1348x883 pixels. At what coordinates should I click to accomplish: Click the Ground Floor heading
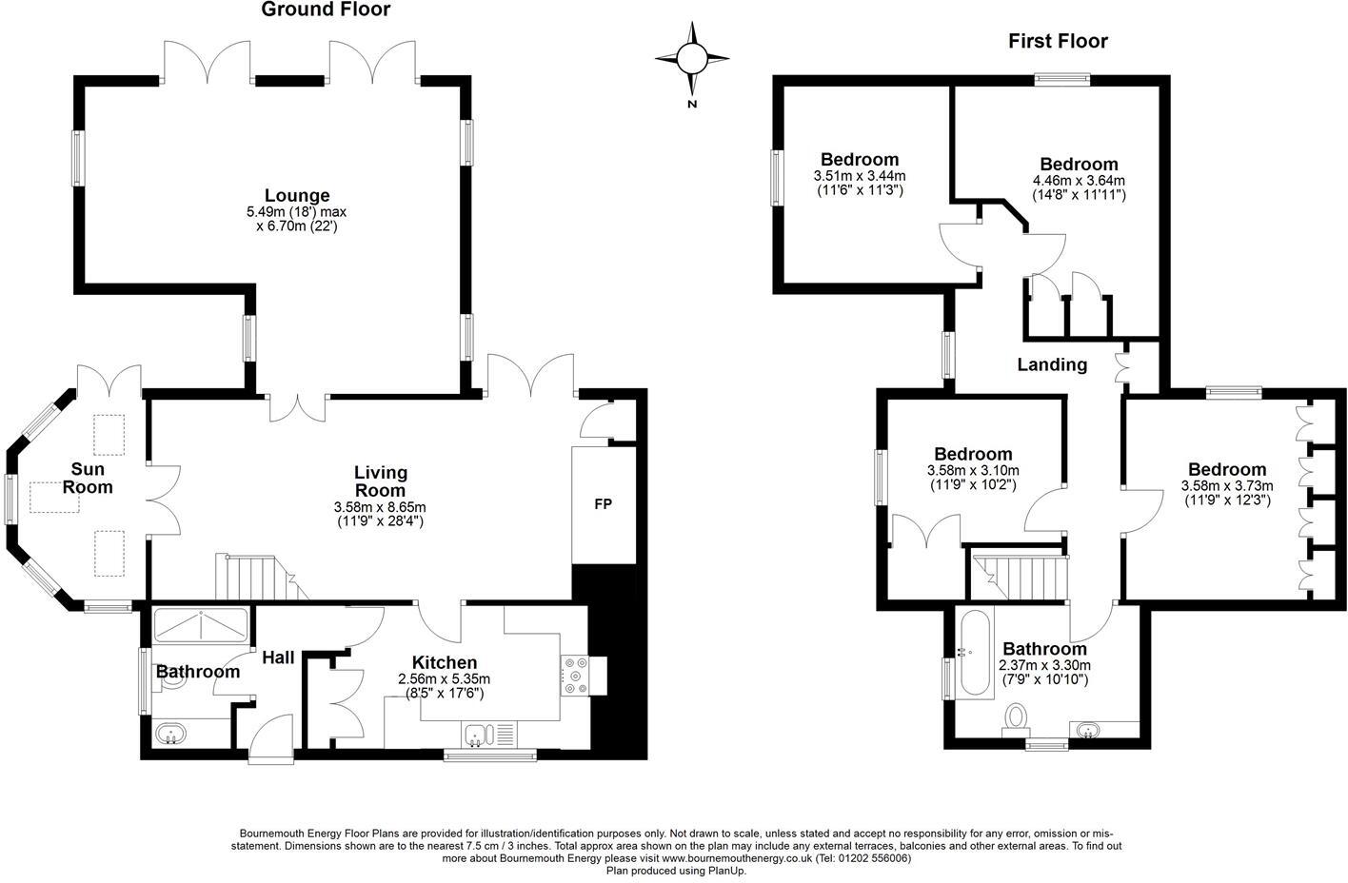point(326,10)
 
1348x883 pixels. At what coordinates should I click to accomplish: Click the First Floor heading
point(1058,41)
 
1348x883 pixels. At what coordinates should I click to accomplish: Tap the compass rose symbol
point(692,59)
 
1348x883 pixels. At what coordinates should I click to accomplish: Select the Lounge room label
point(297,196)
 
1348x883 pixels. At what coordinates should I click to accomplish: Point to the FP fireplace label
point(603,504)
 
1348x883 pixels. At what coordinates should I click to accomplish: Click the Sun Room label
point(88,479)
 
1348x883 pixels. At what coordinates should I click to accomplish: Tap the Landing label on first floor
point(1052,364)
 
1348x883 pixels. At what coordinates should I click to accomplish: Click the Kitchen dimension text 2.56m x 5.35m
point(444,678)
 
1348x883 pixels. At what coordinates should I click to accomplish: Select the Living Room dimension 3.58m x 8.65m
point(381,506)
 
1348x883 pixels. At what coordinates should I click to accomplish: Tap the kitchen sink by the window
point(480,734)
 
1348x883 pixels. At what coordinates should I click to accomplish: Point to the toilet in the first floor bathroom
point(1017,718)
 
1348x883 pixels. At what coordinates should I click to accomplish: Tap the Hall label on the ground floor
point(278,657)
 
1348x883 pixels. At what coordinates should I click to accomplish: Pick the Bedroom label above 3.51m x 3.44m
point(860,160)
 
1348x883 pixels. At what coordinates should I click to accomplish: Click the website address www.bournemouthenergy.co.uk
point(736,857)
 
